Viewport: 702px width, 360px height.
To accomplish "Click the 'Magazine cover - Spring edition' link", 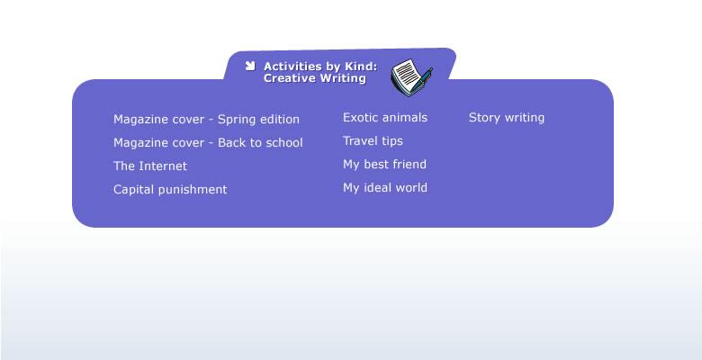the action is tap(206, 120).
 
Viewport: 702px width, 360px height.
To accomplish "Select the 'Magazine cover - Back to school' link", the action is tap(208, 143).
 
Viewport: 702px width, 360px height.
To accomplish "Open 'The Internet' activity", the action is tap(150, 166).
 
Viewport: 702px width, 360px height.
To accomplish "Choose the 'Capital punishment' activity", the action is tap(170, 189).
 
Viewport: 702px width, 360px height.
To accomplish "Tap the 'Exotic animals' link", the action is tap(385, 118).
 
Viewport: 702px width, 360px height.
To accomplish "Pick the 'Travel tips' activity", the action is tap(373, 141).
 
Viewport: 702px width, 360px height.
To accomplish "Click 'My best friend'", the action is tap(384, 165).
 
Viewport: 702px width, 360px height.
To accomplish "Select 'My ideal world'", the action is tap(385, 187).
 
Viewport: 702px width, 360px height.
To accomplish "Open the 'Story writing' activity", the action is tap(507, 118).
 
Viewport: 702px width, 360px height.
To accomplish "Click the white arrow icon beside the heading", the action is tap(250, 66).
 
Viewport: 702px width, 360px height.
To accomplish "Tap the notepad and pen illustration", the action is tap(411, 77).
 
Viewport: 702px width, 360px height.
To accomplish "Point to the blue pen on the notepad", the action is tap(421, 80).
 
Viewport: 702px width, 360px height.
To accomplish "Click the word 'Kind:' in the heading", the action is tap(361, 67).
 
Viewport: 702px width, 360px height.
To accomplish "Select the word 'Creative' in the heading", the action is tap(290, 78).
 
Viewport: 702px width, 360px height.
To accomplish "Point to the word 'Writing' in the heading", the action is tap(343, 79).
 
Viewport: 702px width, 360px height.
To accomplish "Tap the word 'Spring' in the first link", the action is tap(236, 120).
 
